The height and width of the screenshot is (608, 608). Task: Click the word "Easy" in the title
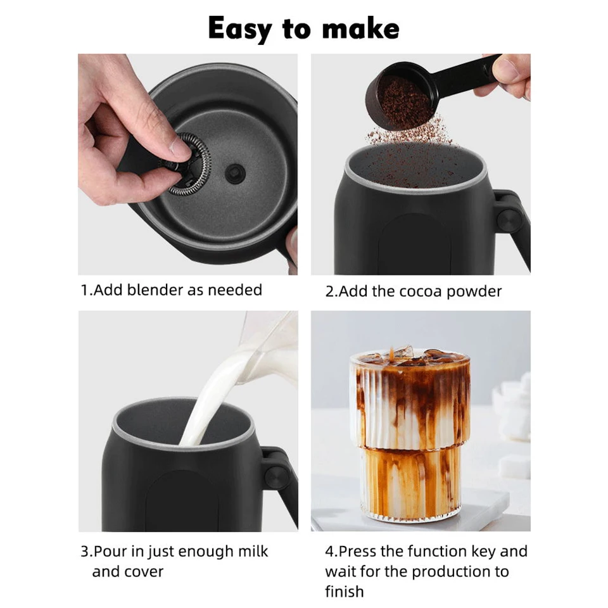(x=239, y=28)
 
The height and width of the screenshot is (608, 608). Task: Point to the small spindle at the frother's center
(x=236, y=170)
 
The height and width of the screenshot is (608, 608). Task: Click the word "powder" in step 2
(x=476, y=292)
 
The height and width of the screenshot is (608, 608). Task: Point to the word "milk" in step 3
(x=251, y=551)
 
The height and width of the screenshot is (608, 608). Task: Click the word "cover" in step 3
(x=143, y=571)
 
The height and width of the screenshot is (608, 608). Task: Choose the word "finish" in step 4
(x=344, y=592)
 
